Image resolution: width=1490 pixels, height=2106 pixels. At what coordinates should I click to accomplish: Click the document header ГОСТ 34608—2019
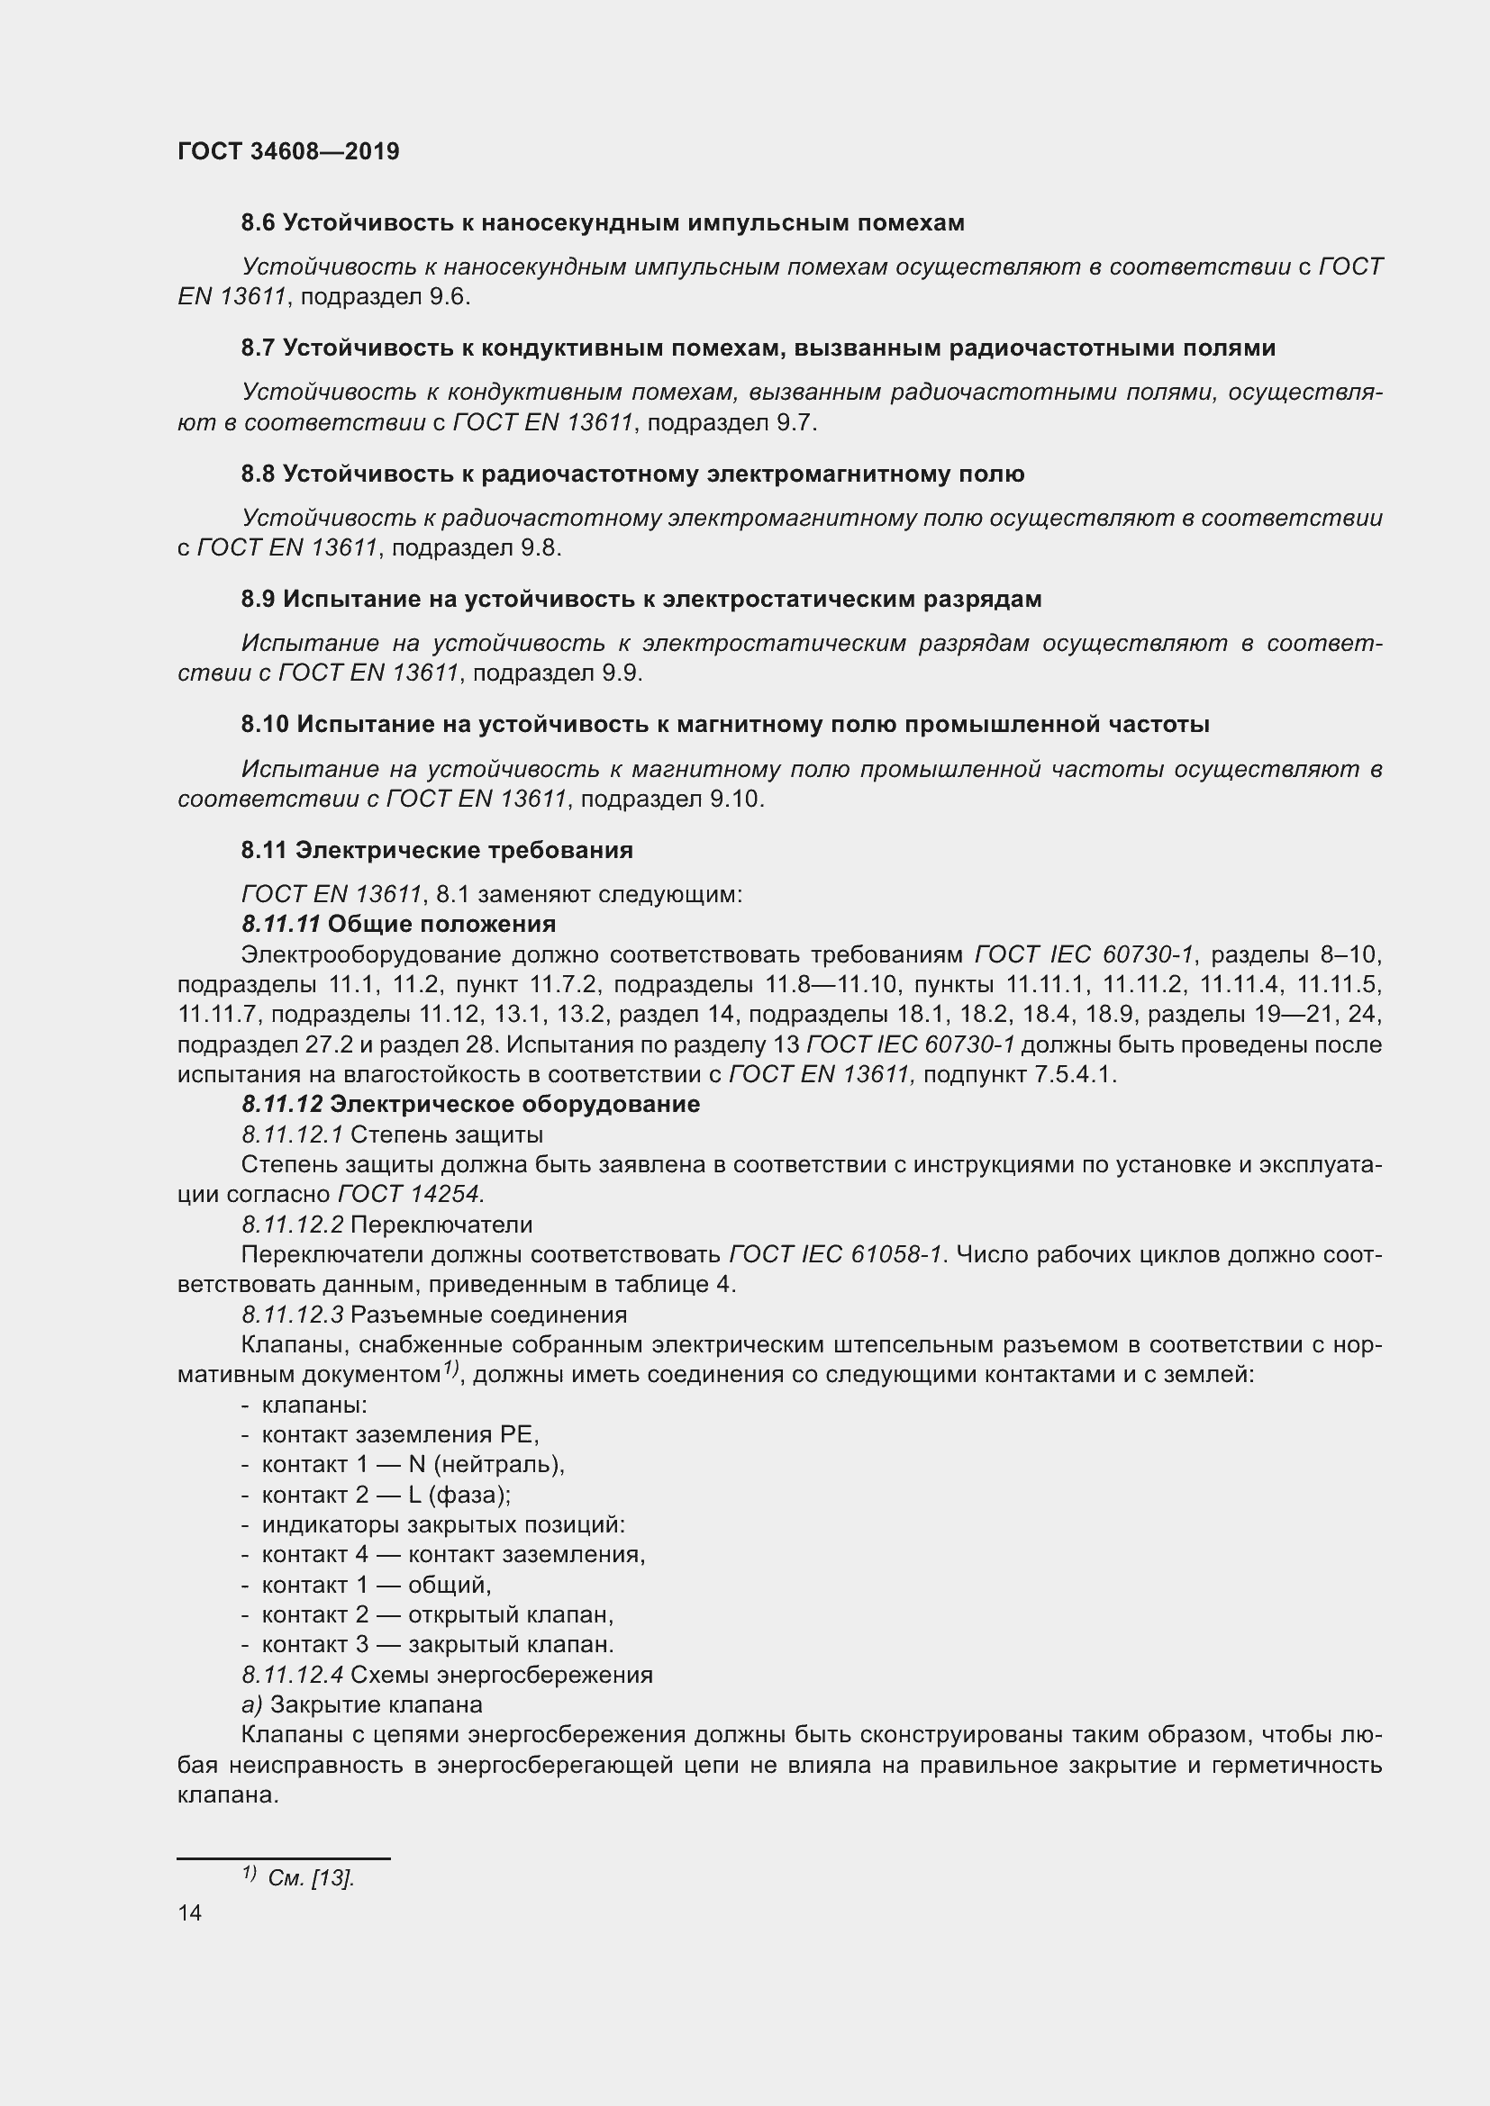(288, 151)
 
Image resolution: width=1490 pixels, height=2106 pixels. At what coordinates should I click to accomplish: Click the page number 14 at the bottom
(190, 1912)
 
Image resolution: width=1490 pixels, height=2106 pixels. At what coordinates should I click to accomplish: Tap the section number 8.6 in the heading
(258, 223)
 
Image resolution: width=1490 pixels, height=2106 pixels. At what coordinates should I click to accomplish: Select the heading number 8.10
(265, 725)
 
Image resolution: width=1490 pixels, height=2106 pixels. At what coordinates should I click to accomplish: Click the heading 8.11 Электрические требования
(437, 850)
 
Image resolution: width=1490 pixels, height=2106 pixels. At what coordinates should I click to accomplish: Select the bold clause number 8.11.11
(280, 924)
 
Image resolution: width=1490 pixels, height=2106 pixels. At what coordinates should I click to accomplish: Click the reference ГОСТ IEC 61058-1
(836, 1255)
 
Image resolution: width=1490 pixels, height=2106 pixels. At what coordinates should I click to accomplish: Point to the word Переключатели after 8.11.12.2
(441, 1225)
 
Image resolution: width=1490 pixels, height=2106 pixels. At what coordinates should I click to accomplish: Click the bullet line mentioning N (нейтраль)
(413, 1465)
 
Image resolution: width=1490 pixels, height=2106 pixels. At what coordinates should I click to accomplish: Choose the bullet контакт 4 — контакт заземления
(453, 1555)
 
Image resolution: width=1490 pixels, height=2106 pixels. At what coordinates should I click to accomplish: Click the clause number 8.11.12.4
(292, 1675)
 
